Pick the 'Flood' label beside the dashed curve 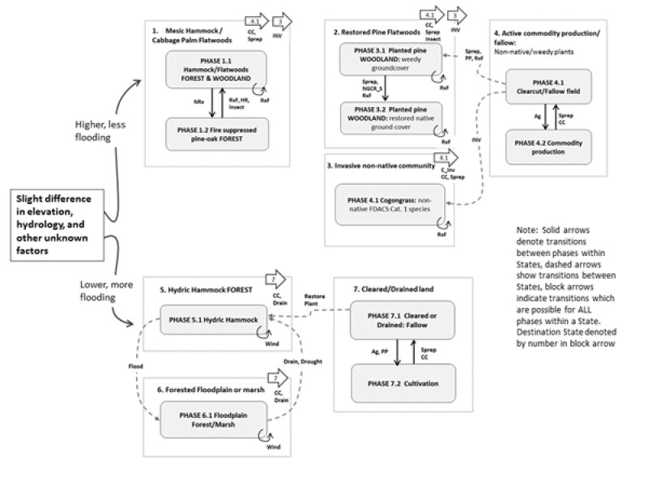coord(135,366)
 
